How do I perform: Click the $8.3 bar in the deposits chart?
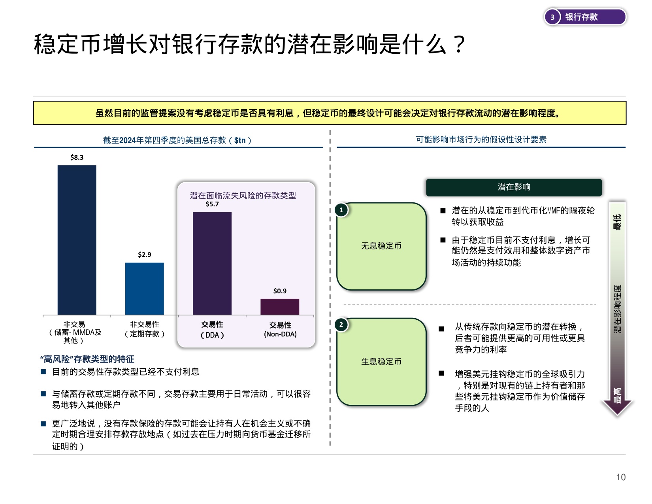[x=77, y=240]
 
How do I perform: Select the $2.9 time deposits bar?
[x=144, y=289]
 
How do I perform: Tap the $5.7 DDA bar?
[x=212, y=263]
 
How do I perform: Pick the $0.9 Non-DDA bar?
[x=280, y=307]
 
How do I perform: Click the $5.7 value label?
[x=212, y=204]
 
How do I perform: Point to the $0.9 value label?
[x=280, y=291]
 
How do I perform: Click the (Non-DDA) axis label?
[x=280, y=334]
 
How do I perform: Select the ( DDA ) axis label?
[x=212, y=335]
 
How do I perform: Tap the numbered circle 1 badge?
[x=341, y=210]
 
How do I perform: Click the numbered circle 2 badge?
[x=341, y=325]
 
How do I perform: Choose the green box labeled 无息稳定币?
[x=381, y=246]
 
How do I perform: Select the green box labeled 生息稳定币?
[x=381, y=362]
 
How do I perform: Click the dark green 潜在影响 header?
[x=514, y=187]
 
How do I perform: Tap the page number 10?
[x=621, y=477]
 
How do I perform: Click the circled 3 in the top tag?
[x=552, y=17]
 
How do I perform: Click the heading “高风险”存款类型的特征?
[x=87, y=359]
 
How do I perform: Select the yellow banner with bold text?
[x=330, y=113]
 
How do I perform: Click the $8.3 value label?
[x=77, y=157]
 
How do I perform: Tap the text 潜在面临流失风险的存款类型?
[x=243, y=195]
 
